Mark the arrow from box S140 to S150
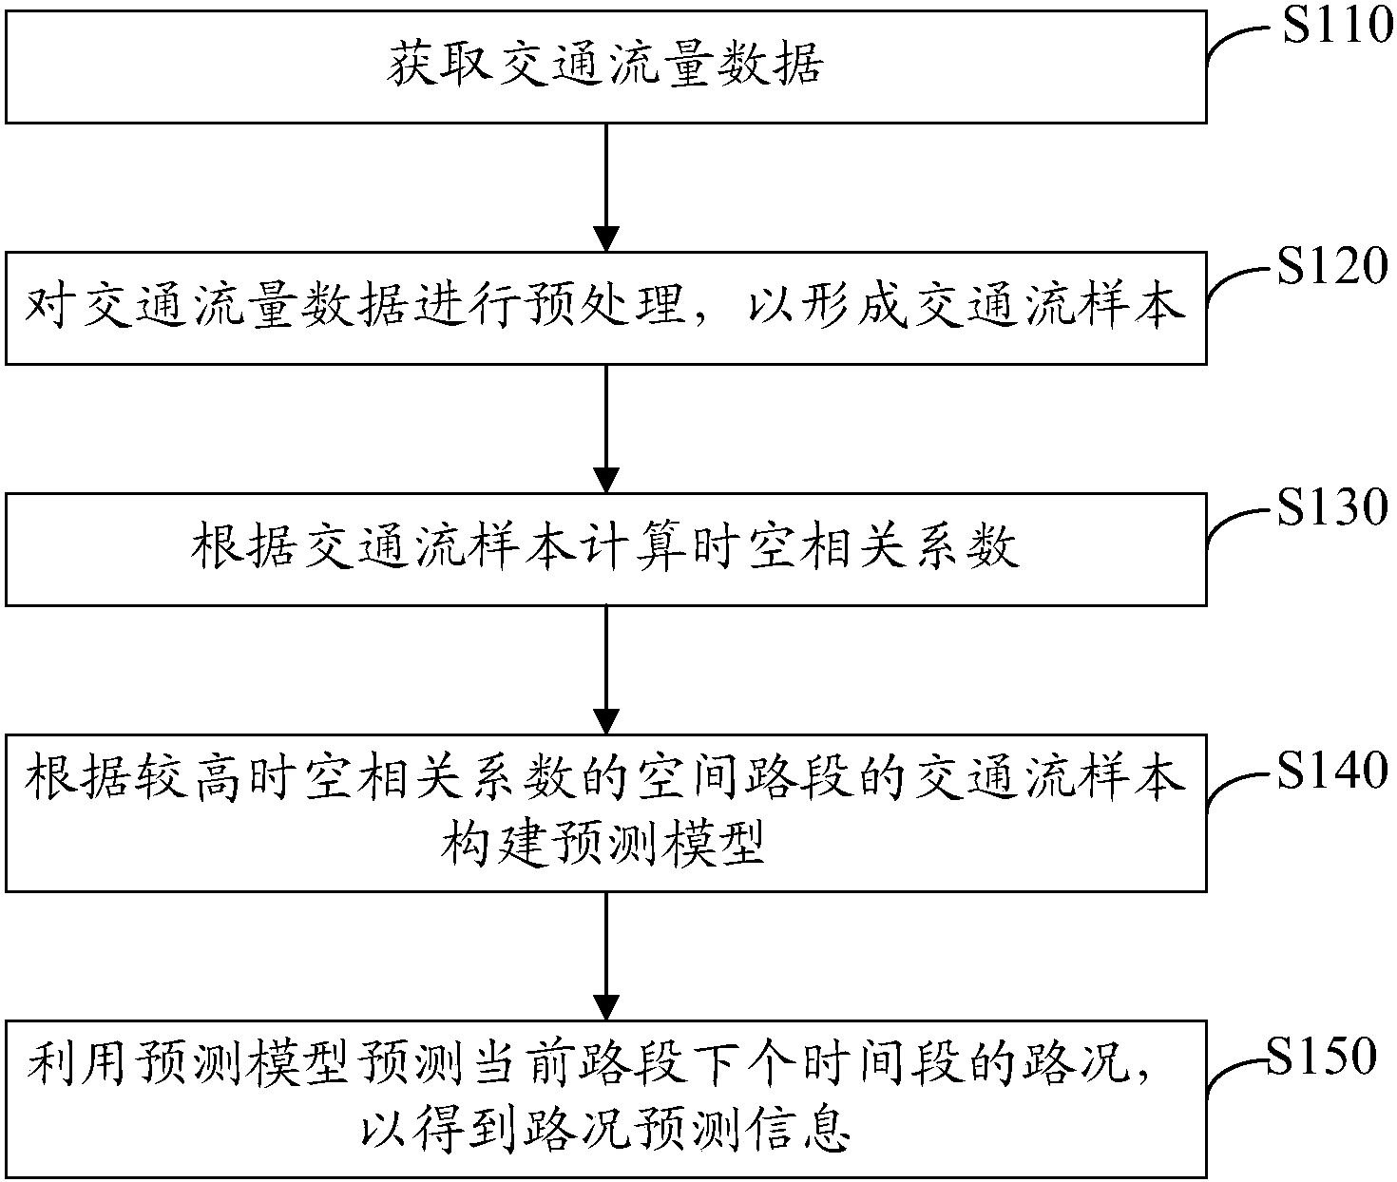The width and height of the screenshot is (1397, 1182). click(606, 955)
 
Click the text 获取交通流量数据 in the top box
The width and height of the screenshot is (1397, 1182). click(605, 67)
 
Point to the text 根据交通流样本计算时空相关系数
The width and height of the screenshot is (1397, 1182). click(605, 548)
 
